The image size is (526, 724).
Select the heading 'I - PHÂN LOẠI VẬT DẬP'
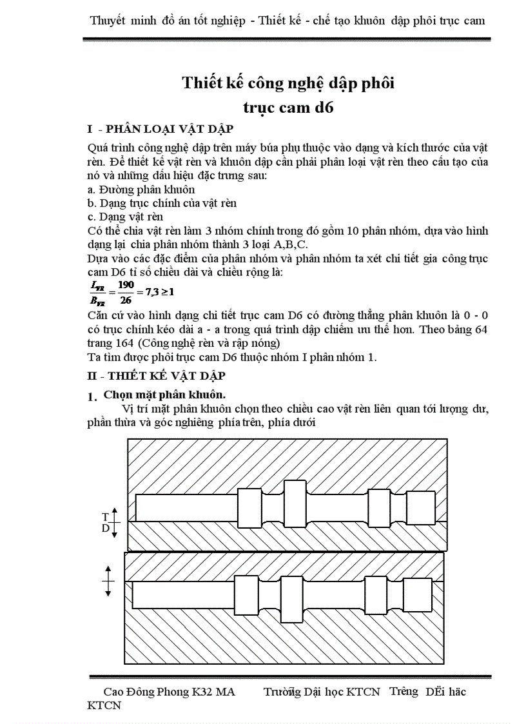160,128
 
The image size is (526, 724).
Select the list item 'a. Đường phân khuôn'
141,190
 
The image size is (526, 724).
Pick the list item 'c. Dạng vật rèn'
125,217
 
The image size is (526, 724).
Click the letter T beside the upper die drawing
105,516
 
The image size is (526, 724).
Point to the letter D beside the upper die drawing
105,528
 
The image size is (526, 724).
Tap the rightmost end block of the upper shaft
420,507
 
